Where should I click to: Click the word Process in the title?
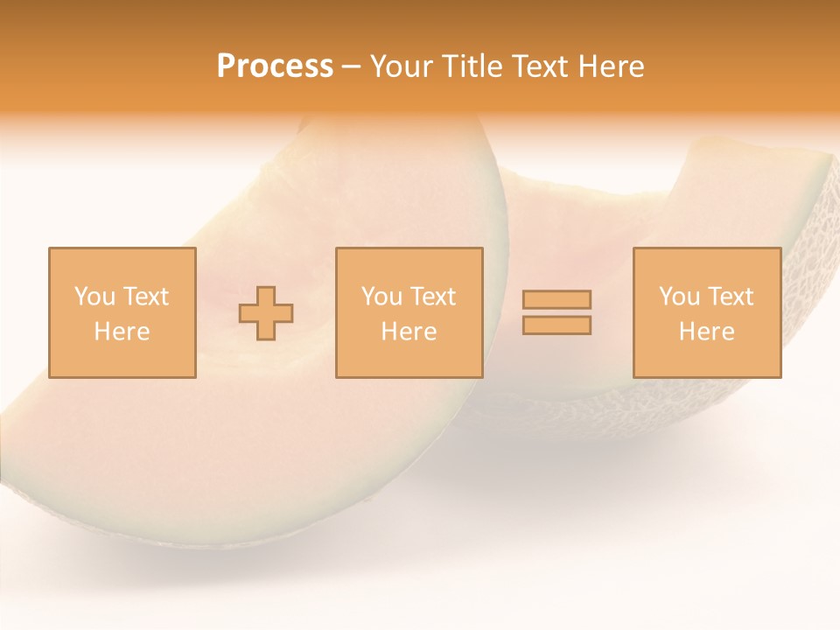click(x=275, y=66)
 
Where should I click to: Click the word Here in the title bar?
click(x=612, y=66)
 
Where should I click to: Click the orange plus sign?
click(x=266, y=312)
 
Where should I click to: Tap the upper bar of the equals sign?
click(x=556, y=299)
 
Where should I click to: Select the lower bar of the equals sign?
click(x=556, y=325)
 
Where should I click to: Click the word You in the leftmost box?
click(x=94, y=297)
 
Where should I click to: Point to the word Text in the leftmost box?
click(x=144, y=297)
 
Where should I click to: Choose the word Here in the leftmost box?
click(x=122, y=332)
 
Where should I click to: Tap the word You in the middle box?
click(x=381, y=297)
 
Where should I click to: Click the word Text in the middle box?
click(x=432, y=297)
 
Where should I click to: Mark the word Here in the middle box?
click(x=409, y=332)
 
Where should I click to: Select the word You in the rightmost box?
click(x=679, y=297)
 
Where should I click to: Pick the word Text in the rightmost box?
click(x=730, y=297)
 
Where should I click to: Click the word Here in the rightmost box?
click(x=706, y=332)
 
